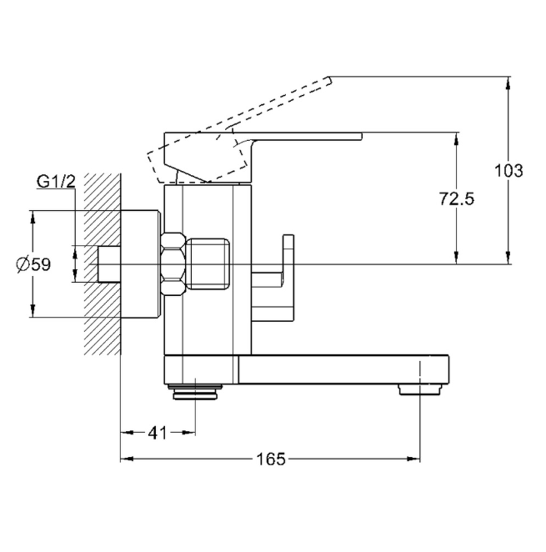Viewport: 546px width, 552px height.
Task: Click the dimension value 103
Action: point(508,171)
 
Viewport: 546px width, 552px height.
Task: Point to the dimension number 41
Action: point(158,433)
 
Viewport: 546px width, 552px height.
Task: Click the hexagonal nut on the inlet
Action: point(173,263)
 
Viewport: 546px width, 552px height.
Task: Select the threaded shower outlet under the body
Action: point(196,387)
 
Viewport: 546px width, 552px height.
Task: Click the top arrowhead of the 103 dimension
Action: point(508,81)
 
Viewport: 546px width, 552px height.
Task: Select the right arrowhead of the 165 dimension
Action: point(414,459)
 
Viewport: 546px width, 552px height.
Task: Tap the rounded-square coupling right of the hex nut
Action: point(208,263)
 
